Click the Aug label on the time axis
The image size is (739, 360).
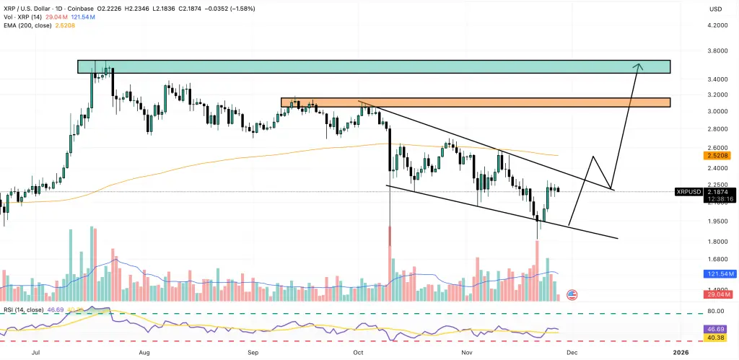(x=144, y=353)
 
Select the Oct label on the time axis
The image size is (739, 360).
(x=359, y=353)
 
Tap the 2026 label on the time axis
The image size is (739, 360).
(x=681, y=353)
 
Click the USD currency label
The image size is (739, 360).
(x=716, y=9)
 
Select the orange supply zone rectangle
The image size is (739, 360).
(x=475, y=102)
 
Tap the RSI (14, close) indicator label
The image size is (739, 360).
(x=25, y=309)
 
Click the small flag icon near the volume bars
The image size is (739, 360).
(x=572, y=294)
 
